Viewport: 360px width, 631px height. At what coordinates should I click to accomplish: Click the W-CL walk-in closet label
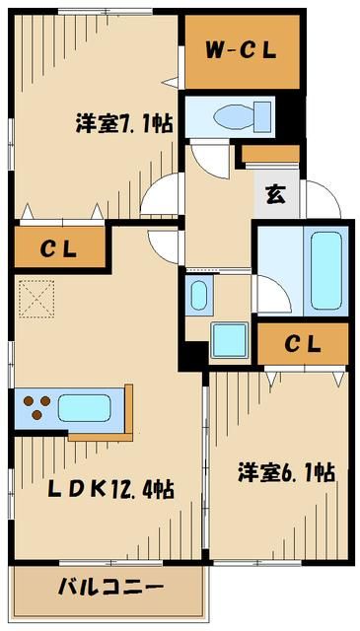(241, 50)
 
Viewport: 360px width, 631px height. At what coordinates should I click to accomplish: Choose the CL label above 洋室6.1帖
(304, 344)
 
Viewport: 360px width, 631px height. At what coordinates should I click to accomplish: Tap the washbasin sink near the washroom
(197, 295)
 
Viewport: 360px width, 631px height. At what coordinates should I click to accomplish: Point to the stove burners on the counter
(36, 407)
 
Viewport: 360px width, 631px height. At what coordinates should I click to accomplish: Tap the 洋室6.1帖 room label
(286, 472)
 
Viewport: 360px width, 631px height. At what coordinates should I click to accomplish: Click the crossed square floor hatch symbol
(36, 296)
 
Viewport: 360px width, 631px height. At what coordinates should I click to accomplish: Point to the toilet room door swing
(207, 155)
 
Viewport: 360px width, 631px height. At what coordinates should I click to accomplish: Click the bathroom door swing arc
(270, 292)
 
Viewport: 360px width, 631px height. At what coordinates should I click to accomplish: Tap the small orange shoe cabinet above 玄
(270, 153)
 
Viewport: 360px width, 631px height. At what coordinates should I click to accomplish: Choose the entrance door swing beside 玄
(318, 197)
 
